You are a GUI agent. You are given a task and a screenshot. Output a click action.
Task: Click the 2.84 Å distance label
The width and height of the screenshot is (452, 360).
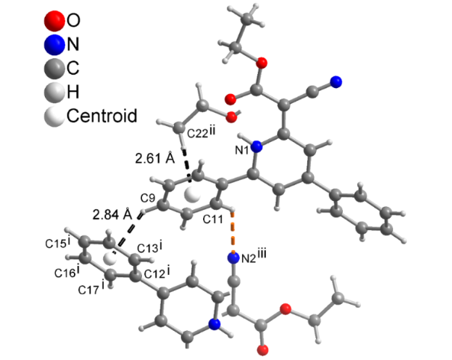pos(111,215)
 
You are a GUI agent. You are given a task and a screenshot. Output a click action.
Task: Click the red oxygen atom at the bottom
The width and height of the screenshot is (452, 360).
pos(262,350)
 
